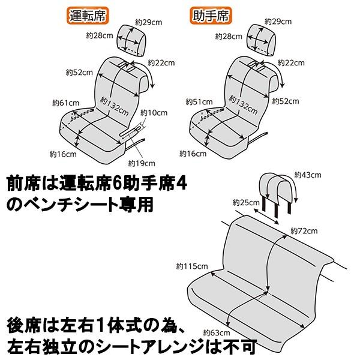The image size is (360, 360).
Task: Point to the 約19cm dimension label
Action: [142, 163]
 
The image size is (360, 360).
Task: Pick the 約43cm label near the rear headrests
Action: [308, 175]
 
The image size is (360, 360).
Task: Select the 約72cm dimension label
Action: [302, 230]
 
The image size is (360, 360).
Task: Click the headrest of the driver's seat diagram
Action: [128, 39]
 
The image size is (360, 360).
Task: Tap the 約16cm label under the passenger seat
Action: [191, 154]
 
